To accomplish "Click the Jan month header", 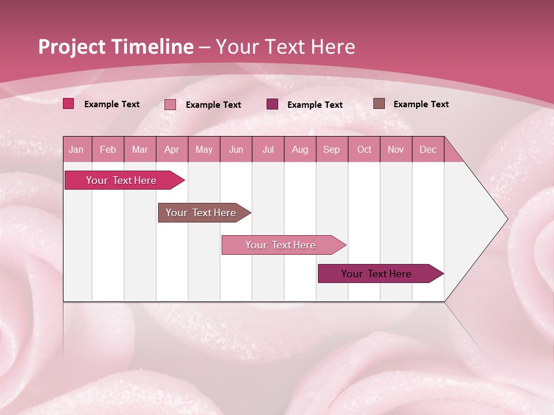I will coord(76,149).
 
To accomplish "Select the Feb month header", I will coord(108,149).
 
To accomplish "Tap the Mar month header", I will coord(140,149).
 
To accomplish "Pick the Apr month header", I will coord(172,149).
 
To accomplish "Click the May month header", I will coord(204,149).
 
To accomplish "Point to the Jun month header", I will coord(236,149).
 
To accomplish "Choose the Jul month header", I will coord(268,149).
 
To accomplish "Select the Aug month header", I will coord(300,149).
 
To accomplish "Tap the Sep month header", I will coord(332,149).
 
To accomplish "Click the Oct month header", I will coord(364,149).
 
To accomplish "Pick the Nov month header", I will coord(396,149).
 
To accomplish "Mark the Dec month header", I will coord(428,149).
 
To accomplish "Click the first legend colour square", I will coord(69,104).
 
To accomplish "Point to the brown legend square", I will coord(379,104).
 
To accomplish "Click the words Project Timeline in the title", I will coord(116,47).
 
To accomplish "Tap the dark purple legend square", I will coord(272,104).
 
